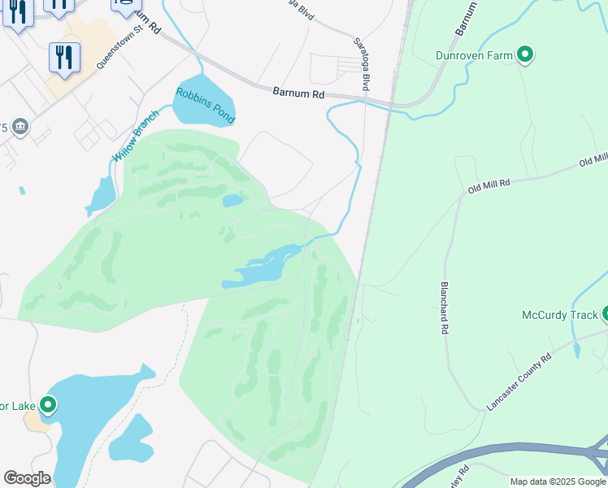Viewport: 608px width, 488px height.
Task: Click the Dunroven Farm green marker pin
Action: pos(525,55)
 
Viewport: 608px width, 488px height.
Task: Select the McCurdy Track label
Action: pos(558,315)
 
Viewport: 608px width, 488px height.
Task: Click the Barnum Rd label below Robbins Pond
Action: pos(298,94)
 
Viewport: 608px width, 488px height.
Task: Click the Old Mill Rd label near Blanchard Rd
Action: pos(489,187)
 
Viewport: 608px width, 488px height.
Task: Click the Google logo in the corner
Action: pos(27,478)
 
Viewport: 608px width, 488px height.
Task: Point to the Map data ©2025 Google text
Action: pos(558,481)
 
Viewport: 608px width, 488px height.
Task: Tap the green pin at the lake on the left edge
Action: pos(48,404)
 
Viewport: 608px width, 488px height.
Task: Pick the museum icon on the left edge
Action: pos(20,127)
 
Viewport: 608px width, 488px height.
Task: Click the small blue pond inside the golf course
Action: pos(232,200)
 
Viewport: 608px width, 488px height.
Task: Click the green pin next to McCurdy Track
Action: pos(606,315)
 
